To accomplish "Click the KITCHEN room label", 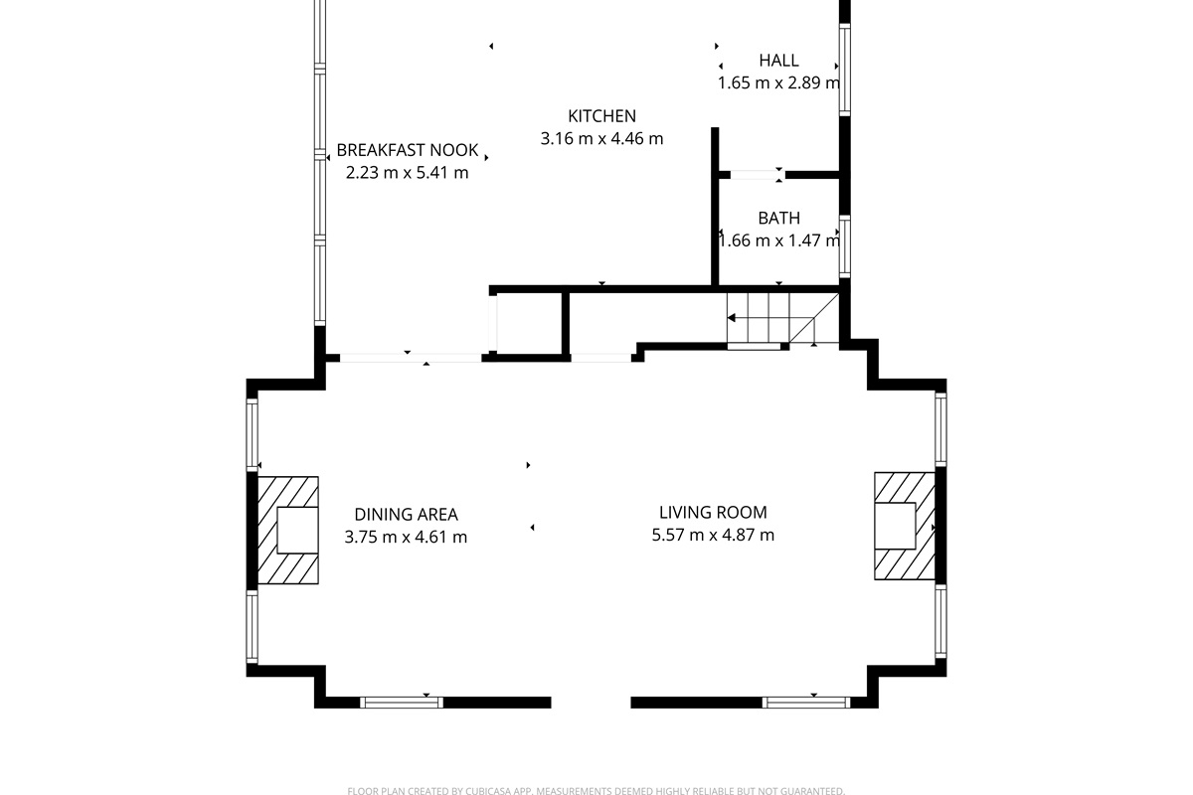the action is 601,116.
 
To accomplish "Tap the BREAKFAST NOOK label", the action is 408,150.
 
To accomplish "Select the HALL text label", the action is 778,61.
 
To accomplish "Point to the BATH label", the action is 778,219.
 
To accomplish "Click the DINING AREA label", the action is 406,515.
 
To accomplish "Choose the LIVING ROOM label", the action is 713,512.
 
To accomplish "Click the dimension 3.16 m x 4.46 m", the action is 601,139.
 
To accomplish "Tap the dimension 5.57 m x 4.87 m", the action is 713,536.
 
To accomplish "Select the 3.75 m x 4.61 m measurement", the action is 406,538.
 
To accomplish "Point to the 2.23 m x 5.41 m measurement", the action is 408,173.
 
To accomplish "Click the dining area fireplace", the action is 288,531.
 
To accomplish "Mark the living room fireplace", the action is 905,526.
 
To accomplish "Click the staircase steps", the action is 783,318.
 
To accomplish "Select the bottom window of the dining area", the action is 402,703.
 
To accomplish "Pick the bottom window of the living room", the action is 806,703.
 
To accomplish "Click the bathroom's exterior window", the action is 845,246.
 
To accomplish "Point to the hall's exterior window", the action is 845,70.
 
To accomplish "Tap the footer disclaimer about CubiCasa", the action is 596,790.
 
